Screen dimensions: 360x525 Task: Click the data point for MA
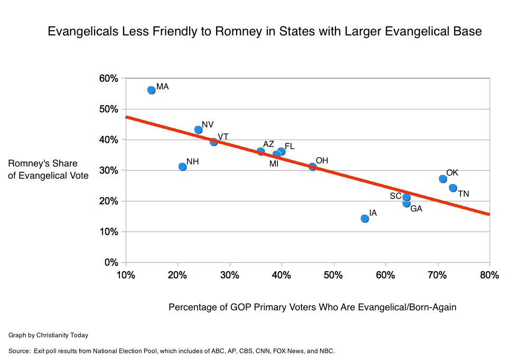[x=151, y=90]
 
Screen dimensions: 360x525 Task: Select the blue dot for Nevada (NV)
[x=198, y=130]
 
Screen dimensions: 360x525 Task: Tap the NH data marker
[x=182, y=167]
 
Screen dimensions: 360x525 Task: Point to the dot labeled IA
[x=364, y=218]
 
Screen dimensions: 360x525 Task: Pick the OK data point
[x=443, y=179]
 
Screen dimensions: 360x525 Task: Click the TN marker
[x=453, y=188]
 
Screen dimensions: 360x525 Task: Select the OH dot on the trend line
[x=312, y=167]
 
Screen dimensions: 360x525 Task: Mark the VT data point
[x=213, y=142]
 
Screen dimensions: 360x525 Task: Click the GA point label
[x=416, y=209]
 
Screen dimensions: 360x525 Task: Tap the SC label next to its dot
[x=396, y=196]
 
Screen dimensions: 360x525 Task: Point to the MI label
[x=274, y=164]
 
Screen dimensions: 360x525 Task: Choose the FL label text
[x=289, y=146]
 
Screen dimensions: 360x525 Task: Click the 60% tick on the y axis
[x=109, y=78]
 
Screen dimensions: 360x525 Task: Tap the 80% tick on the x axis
[x=489, y=275]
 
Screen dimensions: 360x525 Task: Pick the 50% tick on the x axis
[x=333, y=275]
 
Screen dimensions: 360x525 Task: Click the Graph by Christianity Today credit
[x=48, y=335]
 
